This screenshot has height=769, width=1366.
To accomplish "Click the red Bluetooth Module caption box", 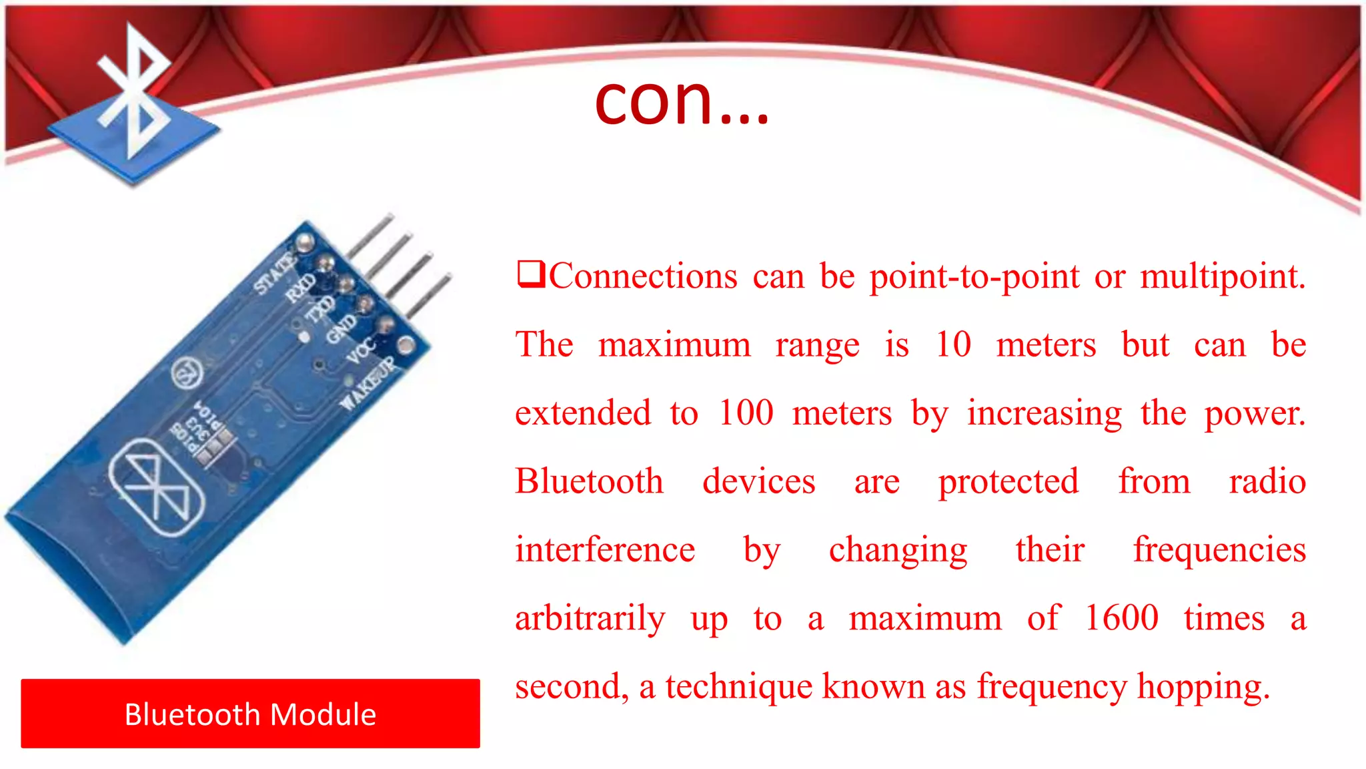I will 250,714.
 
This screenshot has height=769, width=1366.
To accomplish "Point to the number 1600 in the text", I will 1121,617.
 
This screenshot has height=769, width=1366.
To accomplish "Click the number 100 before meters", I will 746,413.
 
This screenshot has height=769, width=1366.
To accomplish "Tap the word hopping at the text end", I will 1203,687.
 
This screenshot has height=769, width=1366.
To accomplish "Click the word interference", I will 605,549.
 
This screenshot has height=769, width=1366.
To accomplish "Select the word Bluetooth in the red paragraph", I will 589,481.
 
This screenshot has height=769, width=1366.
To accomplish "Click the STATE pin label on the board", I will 273,274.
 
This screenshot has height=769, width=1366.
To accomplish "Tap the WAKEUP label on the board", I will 367,384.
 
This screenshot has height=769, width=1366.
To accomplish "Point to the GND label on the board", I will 341,328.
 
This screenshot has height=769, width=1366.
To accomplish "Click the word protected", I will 1008,481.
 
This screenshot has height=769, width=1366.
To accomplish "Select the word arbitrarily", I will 590,617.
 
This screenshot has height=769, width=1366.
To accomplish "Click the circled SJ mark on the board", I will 187,373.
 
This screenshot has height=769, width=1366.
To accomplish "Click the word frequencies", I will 1219,549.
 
